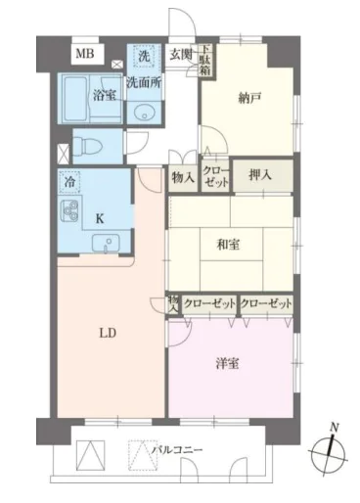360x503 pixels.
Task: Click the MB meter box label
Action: (x=85, y=53)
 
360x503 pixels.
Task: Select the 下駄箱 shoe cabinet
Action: (x=205, y=61)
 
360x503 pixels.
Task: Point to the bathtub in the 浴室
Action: (x=76, y=98)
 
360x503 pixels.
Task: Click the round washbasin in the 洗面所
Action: (x=144, y=113)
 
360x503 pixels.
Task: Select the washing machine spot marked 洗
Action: (x=144, y=56)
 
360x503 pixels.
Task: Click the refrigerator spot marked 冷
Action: (x=69, y=182)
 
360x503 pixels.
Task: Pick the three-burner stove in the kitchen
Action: (x=68, y=211)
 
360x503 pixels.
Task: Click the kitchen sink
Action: (x=106, y=244)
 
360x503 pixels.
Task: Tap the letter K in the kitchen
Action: (x=100, y=219)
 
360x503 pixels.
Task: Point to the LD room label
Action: (x=108, y=334)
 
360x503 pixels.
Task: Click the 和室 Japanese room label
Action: (x=228, y=245)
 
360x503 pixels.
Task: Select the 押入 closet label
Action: (x=259, y=175)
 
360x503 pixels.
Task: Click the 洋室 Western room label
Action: (x=227, y=363)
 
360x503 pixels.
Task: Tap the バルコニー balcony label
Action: (x=177, y=450)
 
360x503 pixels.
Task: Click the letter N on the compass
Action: (x=334, y=428)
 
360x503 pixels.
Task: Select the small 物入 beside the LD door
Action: (x=173, y=304)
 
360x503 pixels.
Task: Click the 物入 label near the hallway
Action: (x=183, y=178)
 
